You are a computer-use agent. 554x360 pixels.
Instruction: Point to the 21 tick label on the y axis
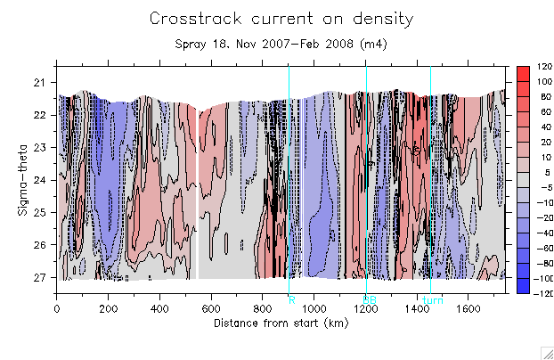click(39, 83)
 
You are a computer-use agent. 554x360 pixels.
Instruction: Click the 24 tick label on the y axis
click(39, 180)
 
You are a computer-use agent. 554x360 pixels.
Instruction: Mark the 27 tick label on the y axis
click(39, 277)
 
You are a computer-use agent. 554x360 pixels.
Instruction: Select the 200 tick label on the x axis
click(109, 309)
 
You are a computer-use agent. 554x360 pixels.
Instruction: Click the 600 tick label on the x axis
click(211, 309)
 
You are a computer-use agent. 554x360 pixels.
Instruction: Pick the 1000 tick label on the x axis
click(314, 309)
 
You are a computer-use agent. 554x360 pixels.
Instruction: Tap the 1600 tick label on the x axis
click(468, 309)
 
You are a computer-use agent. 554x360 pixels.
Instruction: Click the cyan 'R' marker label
click(291, 299)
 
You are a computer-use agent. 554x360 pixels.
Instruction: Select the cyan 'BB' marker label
click(368, 299)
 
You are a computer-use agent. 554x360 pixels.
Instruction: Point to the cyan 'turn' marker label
click(432, 299)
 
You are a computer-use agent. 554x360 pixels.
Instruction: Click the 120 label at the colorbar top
click(544, 68)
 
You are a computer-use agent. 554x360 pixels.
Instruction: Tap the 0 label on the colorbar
click(541, 180)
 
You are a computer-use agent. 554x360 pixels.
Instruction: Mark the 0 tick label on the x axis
click(58, 309)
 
